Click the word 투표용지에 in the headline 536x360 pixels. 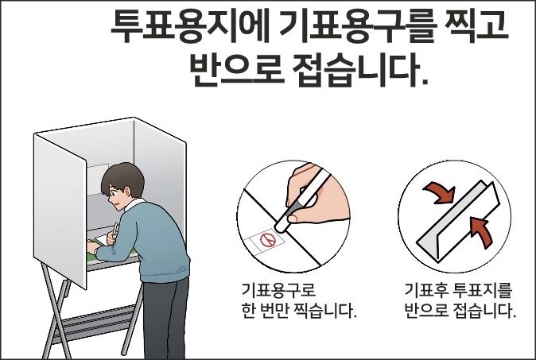click(191, 26)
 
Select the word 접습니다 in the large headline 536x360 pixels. click(360, 70)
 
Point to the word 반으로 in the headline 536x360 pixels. click(237, 70)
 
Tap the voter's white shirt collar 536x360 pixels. click(134, 204)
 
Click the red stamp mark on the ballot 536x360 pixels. click(268, 239)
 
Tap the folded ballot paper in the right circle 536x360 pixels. click(458, 221)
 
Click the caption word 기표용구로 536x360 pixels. click(278, 290)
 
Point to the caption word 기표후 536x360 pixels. click(426, 290)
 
